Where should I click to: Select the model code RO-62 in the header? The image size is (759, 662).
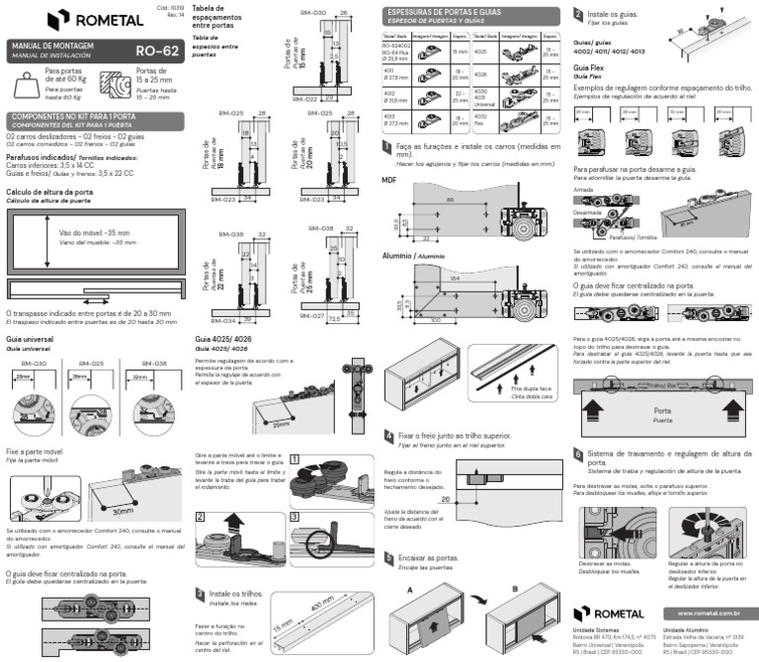tap(155, 50)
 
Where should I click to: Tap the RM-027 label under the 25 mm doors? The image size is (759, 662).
tap(312, 315)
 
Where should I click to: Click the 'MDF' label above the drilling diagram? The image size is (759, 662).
tap(389, 181)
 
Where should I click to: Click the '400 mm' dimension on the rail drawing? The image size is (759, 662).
tap(320, 605)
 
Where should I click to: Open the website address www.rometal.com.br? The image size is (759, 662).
tap(717, 613)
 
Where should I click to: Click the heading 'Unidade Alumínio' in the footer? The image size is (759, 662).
tap(689, 629)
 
